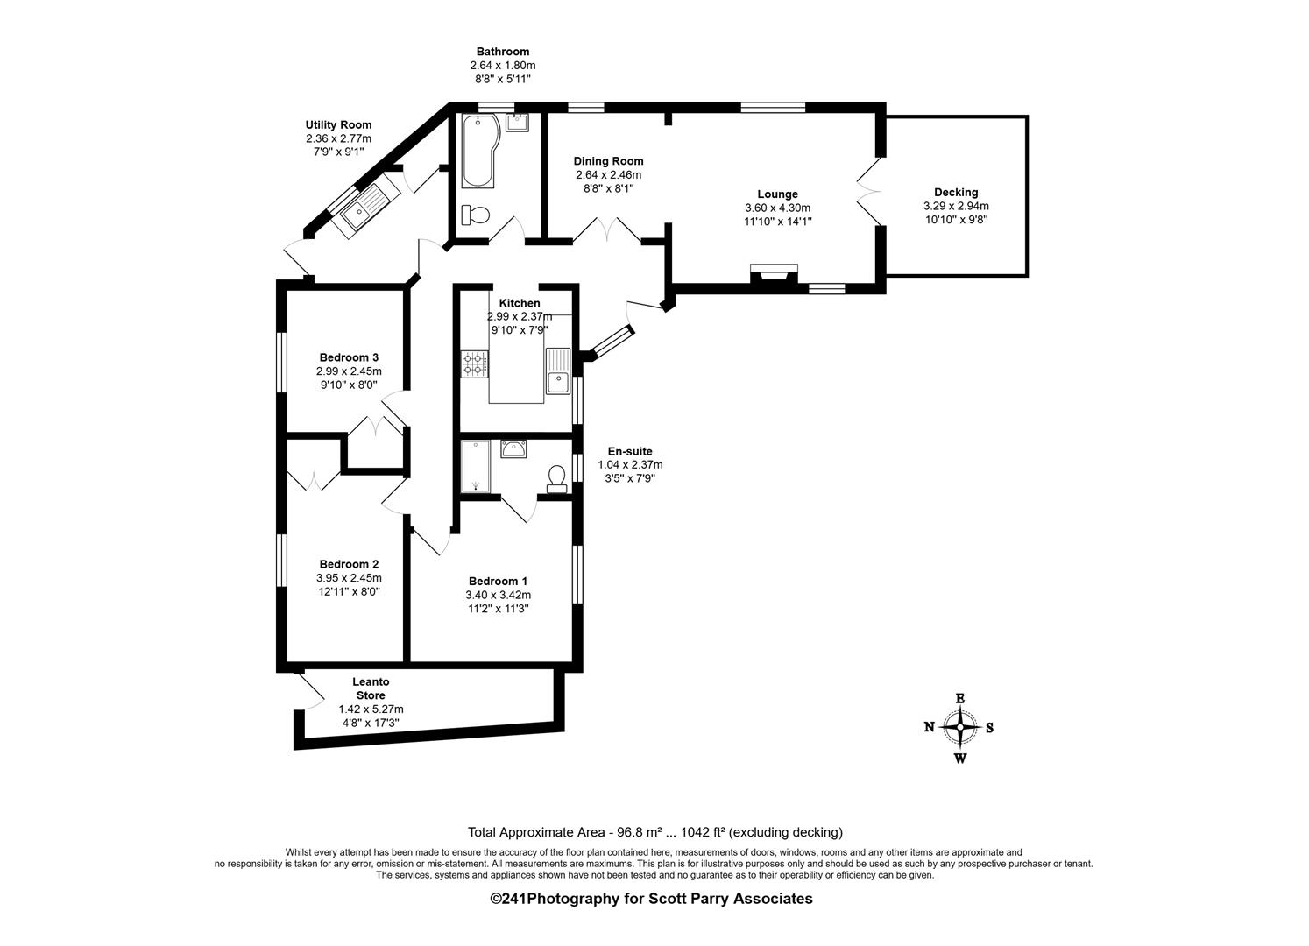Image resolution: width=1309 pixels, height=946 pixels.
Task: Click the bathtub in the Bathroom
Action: point(478,151)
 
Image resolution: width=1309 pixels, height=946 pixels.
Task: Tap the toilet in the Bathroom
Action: point(475,215)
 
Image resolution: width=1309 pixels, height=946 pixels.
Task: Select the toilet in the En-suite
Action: point(557,479)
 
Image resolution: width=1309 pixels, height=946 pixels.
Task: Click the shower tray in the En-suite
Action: point(476,466)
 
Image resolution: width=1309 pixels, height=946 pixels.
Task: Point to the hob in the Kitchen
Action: point(475,364)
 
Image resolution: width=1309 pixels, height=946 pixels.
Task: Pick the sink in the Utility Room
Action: point(364,209)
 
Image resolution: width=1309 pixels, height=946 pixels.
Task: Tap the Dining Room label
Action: point(608,160)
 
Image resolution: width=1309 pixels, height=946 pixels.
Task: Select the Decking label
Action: point(956,192)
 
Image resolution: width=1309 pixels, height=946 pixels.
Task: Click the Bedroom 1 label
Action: point(498,581)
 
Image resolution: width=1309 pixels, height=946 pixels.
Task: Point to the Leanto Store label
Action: point(371,688)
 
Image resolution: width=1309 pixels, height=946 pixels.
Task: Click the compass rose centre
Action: point(959,727)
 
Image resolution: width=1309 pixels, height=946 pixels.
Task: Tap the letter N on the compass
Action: point(929,727)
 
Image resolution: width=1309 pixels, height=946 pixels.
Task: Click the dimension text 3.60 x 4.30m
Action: point(777,208)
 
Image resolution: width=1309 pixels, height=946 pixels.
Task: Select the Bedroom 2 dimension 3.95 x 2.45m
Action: point(349,578)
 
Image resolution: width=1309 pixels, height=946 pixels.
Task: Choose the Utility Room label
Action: point(338,124)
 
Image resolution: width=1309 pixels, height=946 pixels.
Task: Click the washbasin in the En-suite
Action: point(513,448)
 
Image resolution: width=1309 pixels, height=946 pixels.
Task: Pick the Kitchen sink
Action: point(558,371)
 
